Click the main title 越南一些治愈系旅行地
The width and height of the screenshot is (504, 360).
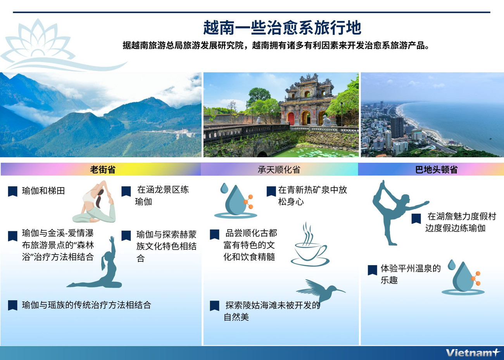click(x=282, y=28)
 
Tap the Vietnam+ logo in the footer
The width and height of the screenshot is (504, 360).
click(x=472, y=353)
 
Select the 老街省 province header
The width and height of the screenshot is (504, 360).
click(x=102, y=170)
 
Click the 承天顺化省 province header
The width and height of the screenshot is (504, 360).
click(x=279, y=170)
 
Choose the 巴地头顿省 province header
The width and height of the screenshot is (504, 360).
click(x=436, y=170)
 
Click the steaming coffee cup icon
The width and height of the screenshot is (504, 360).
click(x=309, y=246)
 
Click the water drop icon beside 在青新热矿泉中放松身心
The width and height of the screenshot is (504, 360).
click(x=235, y=200)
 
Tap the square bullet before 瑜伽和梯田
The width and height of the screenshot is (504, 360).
click(x=12, y=191)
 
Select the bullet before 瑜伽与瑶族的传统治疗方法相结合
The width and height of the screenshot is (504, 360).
click(x=12, y=305)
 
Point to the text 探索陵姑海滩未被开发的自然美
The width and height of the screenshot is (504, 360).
click(x=271, y=311)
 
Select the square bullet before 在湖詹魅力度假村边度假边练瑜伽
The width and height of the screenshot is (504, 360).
click(x=416, y=219)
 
